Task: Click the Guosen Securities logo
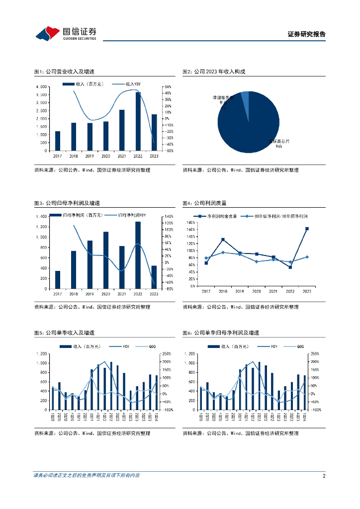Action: click(x=66, y=33)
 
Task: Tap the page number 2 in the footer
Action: click(x=324, y=476)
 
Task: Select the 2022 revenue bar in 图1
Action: click(x=138, y=121)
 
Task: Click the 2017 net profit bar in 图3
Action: click(x=58, y=280)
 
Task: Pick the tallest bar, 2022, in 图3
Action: click(x=138, y=255)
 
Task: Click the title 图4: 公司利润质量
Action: click(x=204, y=203)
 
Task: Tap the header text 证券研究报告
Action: click(x=307, y=34)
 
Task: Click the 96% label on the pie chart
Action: click(x=279, y=147)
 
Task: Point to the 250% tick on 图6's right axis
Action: click(x=314, y=354)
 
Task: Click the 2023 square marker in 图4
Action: click(x=307, y=229)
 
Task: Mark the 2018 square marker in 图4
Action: click(x=223, y=240)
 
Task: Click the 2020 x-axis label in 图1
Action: click(x=105, y=156)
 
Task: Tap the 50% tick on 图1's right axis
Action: click(x=168, y=87)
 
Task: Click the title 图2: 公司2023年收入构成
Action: click(x=214, y=72)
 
